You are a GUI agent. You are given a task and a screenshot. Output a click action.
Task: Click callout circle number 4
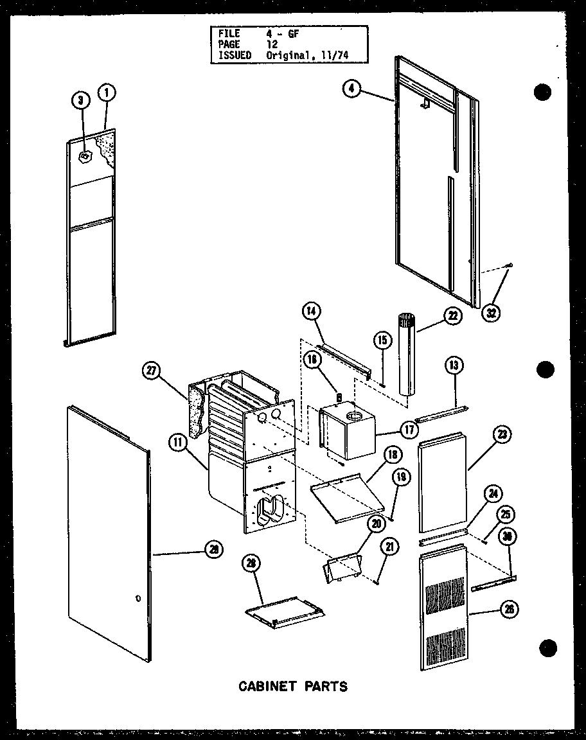(x=351, y=89)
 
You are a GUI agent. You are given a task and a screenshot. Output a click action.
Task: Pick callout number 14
(x=312, y=312)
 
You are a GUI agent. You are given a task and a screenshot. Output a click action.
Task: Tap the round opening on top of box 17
(x=353, y=417)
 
